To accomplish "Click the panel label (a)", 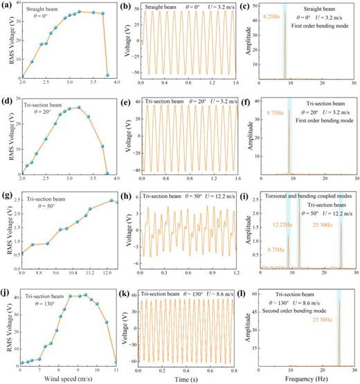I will click(8, 5).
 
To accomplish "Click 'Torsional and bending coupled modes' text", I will click(307, 197).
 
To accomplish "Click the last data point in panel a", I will click(107, 75).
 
